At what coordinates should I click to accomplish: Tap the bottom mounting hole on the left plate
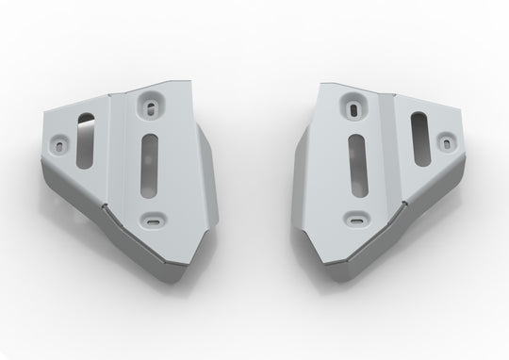152,221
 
